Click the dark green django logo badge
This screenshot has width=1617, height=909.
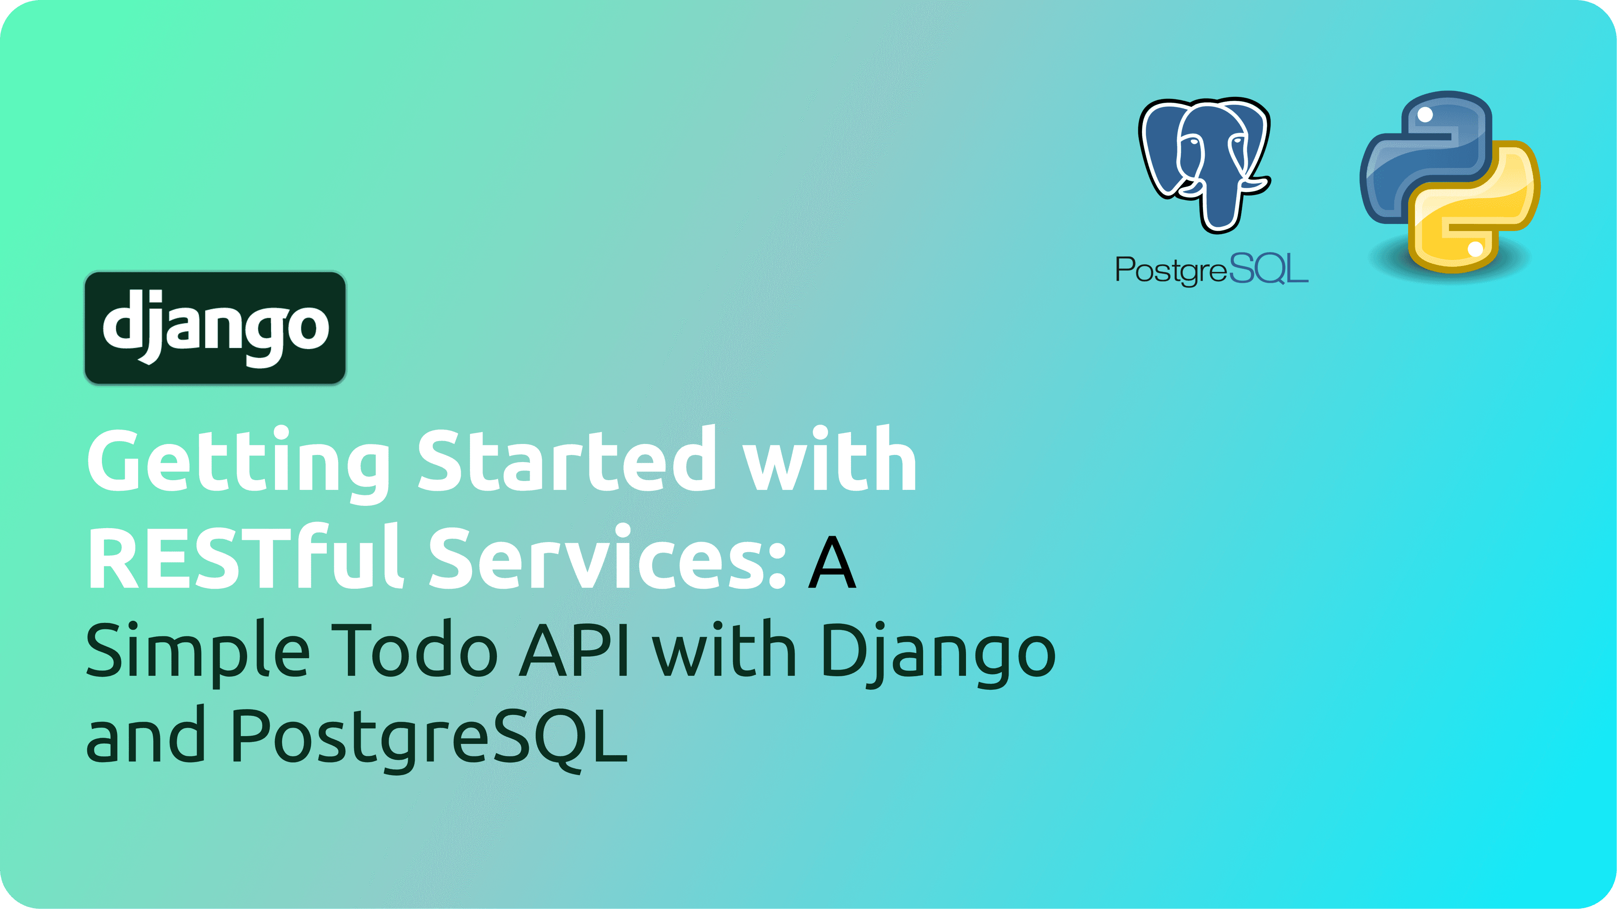pyautogui.click(x=215, y=327)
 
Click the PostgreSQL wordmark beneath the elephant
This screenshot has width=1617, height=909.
pyautogui.click(x=1211, y=270)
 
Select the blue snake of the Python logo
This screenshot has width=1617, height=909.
pyautogui.click(x=1425, y=157)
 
